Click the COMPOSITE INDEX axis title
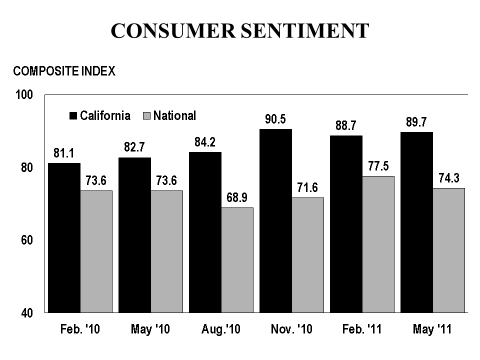64,71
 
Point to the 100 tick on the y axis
24,94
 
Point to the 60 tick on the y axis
27,240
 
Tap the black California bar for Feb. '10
64,237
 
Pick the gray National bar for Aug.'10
237,260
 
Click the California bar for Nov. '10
275,220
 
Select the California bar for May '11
416,222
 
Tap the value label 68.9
237,198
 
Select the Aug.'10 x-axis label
220,329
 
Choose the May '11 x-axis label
432,329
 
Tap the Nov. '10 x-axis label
290,329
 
